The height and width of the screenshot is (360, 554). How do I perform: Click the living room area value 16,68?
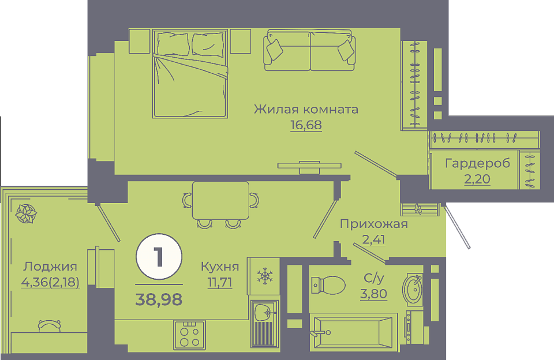(x=306, y=125)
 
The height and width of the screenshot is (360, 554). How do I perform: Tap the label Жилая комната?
(x=306, y=109)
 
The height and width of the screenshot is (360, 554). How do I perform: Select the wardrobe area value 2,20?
(x=477, y=179)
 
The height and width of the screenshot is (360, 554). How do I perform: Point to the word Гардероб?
(x=477, y=164)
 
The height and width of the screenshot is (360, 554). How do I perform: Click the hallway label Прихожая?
(x=374, y=224)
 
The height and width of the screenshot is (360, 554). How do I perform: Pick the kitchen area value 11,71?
(x=220, y=282)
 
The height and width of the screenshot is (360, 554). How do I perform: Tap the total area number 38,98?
(x=159, y=299)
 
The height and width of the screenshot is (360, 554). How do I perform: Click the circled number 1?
(x=159, y=257)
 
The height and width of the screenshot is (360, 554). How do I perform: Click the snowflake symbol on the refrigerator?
(x=265, y=276)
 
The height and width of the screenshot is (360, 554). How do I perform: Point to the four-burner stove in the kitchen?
(x=189, y=335)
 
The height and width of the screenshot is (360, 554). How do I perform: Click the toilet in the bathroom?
(x=328, y=285)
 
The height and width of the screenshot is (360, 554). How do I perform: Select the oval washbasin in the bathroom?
(x=412, y=289)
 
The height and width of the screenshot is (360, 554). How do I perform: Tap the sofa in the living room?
(x=309, y=50)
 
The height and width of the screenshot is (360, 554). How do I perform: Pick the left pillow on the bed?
(x=173, y=44)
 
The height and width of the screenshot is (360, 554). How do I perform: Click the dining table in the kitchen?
(x=220, y=200)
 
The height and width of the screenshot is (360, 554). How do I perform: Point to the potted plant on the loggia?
(x=26, y=213)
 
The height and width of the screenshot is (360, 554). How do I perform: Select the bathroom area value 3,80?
(x=373, y=294)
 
